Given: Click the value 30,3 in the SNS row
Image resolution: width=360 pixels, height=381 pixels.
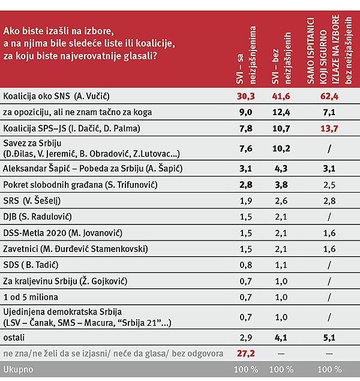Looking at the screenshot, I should coord(247,96).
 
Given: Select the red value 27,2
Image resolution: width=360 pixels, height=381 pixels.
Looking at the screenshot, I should coord(247,353).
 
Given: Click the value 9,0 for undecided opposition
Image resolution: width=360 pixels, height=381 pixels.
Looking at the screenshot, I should coord(247,112).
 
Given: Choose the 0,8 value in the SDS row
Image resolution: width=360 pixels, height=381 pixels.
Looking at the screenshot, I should coord(247,265).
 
